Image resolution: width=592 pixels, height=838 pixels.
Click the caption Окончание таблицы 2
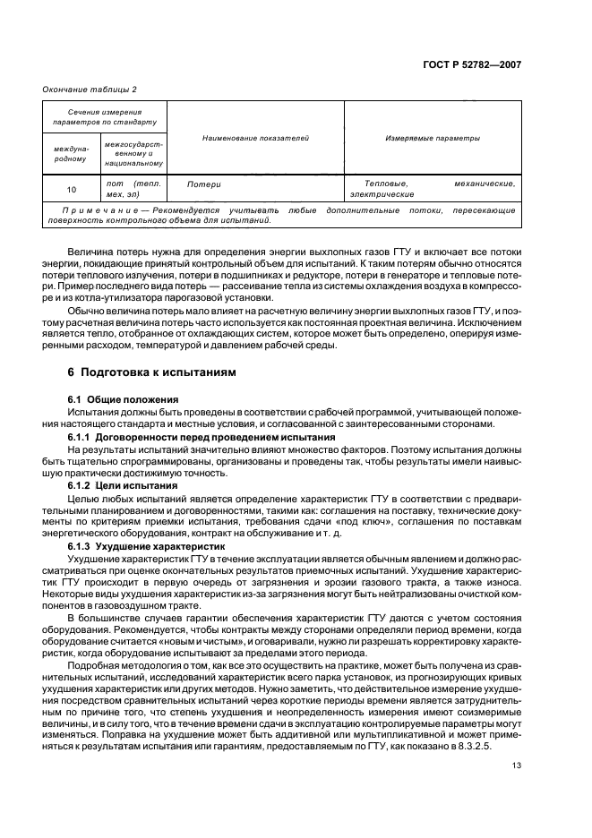click(x=90, y=88)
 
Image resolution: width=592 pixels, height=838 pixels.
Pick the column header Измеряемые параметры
click(x=433, y=139)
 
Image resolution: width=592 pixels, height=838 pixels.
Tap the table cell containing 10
click(x=72, y=189)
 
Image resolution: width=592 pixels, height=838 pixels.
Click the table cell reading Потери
click(x=203, y=184)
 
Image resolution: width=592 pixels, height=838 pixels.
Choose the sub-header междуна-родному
click(x=72, y=153)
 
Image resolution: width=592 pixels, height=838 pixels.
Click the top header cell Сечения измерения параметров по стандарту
click(x=104, y=115)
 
